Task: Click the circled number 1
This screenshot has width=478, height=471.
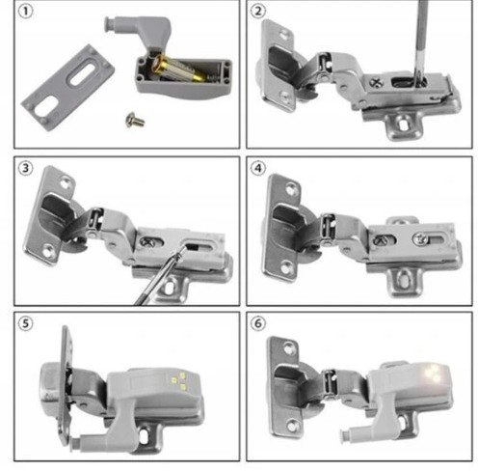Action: click(26, 12)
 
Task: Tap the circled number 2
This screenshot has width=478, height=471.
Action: click(258, 12)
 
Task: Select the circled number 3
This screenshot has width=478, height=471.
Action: click(26, 168)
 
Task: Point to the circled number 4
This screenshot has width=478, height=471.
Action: click(258, 168)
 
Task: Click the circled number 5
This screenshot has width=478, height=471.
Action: click(26, 323)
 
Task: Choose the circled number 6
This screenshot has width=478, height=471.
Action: click(258, 323)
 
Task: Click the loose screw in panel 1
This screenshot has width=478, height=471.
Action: click(135, 120)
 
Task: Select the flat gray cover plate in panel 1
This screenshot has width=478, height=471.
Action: click(67, 88)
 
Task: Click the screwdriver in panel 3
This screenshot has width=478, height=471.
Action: click(160, 275)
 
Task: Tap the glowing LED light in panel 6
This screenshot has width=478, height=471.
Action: click(433, 374)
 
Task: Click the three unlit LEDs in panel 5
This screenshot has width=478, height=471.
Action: click(179, 381)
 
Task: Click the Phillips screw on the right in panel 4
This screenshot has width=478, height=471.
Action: click(420, 239)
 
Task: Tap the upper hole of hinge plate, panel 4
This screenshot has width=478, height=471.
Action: click(292, 189)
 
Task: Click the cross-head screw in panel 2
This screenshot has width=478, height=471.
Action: click(377, 83)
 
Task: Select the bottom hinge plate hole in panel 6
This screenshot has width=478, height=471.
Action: click(292, 426)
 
